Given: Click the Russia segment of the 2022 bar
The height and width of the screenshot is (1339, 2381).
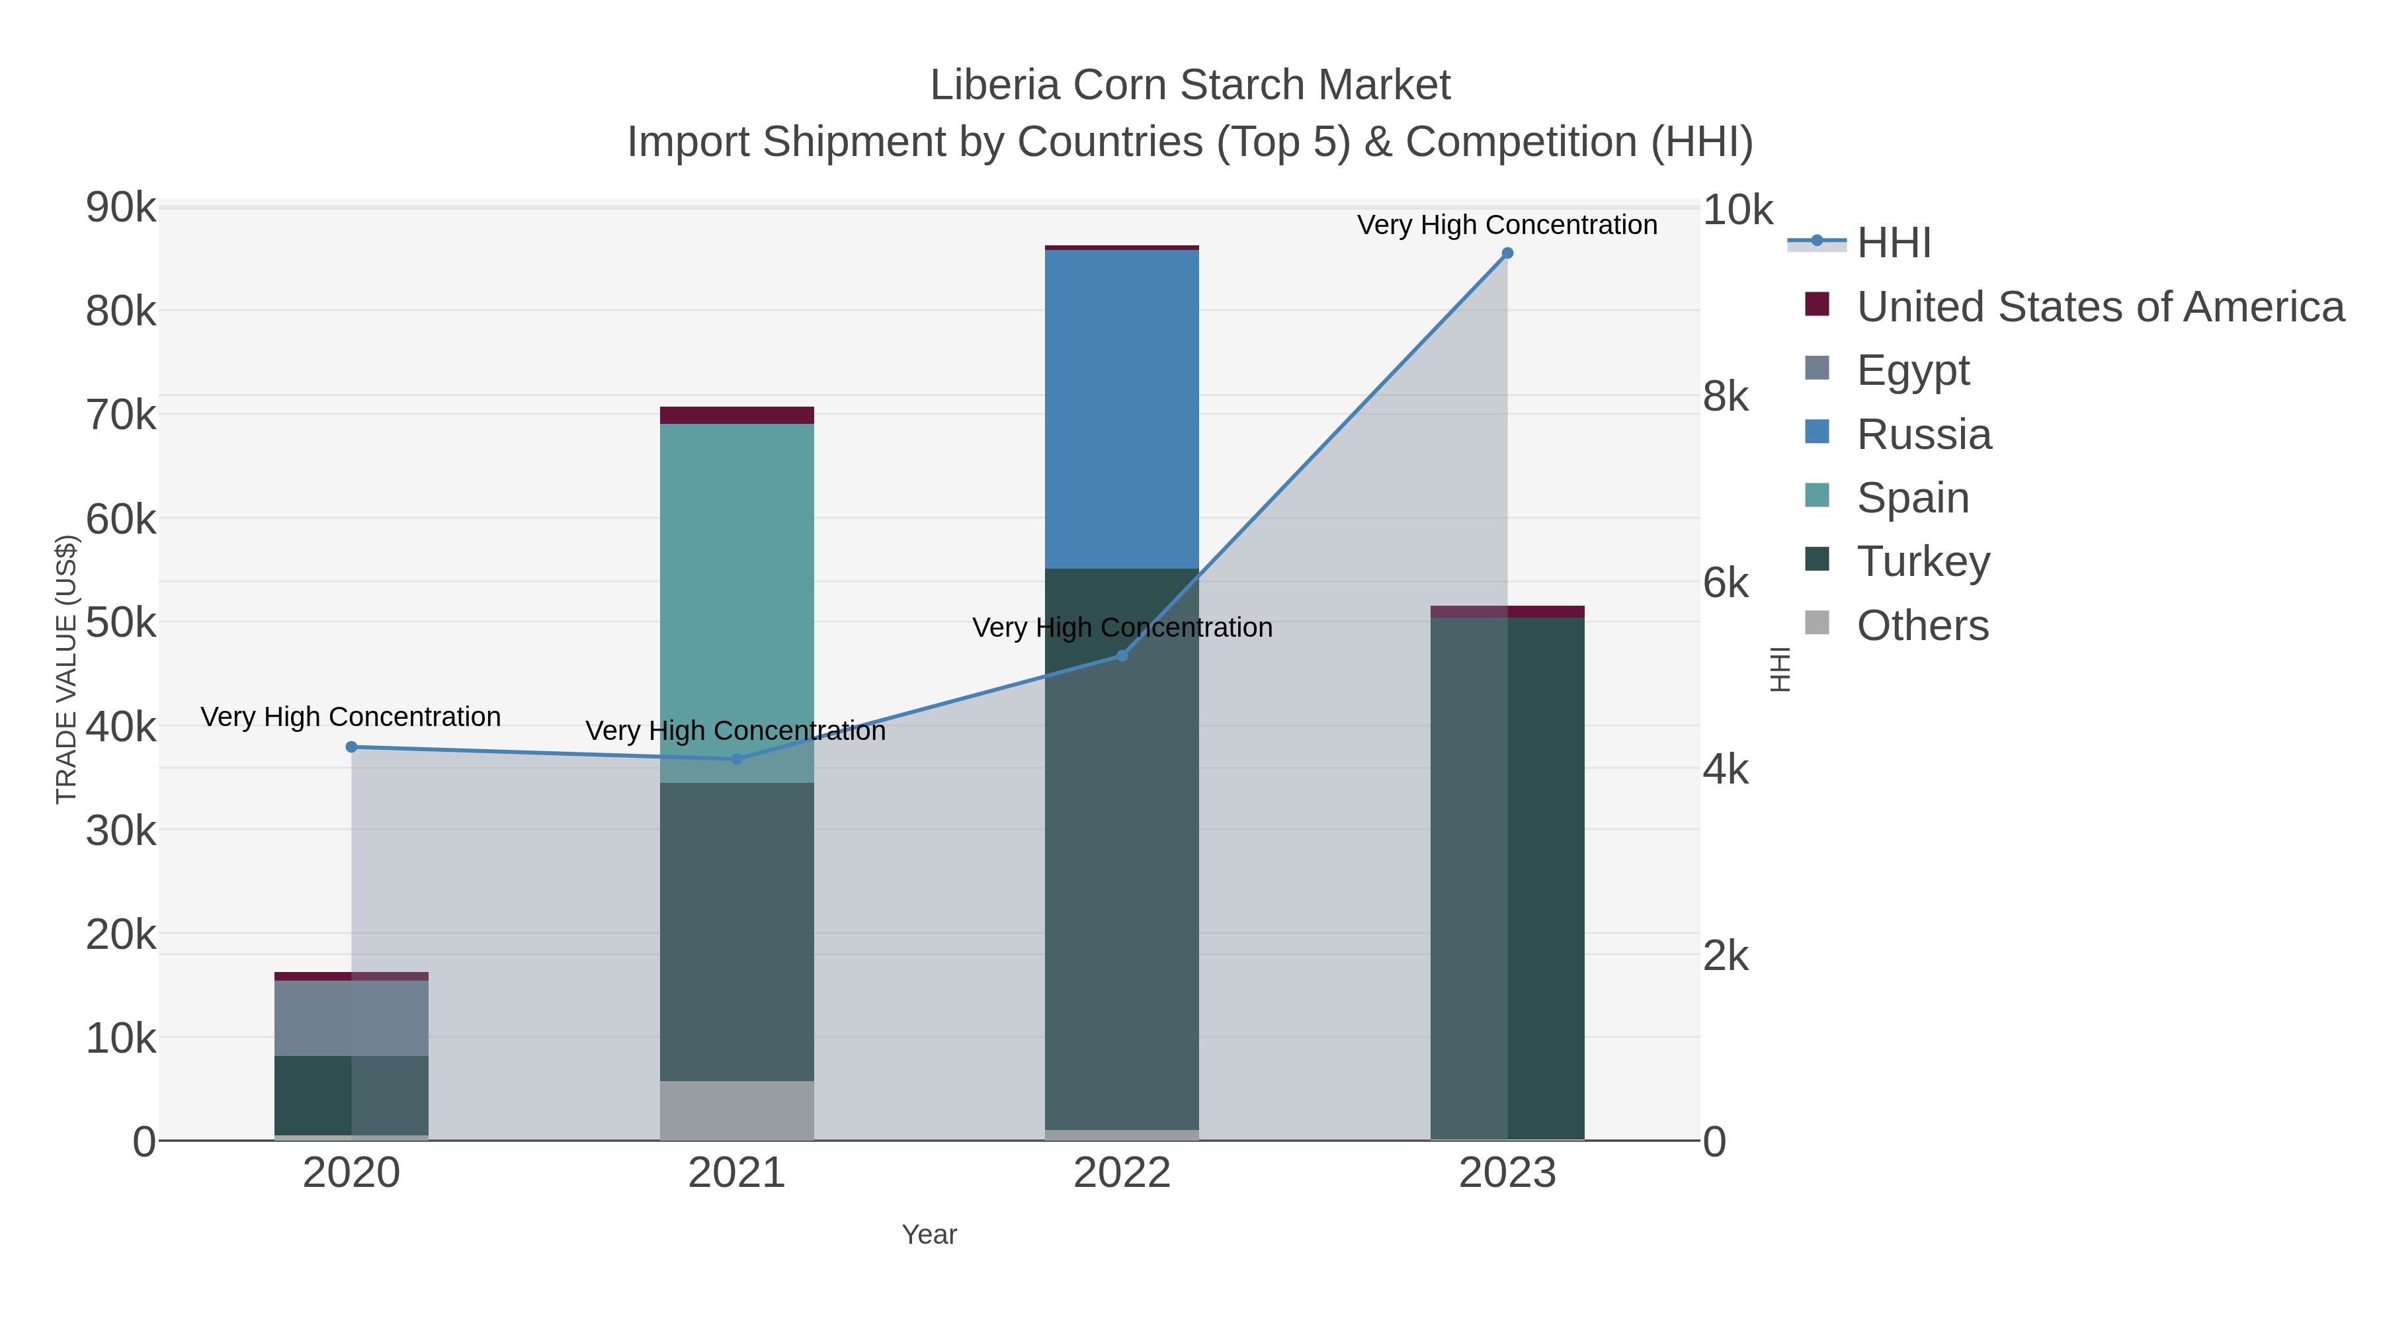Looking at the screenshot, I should click(x=1121, y=409).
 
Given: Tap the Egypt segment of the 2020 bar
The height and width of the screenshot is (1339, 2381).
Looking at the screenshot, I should click(x=351, y=1018).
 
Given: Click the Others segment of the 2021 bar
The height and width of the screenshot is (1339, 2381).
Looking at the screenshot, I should click(x=737, y=1110).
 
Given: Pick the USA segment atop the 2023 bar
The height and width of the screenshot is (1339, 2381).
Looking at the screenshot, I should click(x=1507, y=611).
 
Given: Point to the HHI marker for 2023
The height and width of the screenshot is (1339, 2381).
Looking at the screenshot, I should click(x=1507, y=253).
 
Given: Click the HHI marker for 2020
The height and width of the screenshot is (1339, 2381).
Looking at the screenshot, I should click(x=351, y=747).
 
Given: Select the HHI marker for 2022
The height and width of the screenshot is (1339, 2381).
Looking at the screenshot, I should click(x=1121, y=655).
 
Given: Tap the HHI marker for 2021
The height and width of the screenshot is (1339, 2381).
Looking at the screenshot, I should click(x=737, y=758).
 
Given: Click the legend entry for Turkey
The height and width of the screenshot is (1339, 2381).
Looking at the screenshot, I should click(x=1923, y=562).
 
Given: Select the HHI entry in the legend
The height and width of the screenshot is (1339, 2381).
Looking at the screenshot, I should click(x=1893, y=243).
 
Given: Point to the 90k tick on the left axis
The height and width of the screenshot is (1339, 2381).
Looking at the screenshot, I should click(x=121, y=208).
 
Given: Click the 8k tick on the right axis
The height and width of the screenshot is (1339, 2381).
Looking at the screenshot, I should click(x=1725, y=397).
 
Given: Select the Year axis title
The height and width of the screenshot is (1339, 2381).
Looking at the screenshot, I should click(x=929, y=1235).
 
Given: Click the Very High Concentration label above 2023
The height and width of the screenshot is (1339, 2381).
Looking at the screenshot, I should click(x=1507, y=225).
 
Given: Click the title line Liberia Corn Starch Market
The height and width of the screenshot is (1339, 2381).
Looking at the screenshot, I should click(x=1190, y=85).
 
